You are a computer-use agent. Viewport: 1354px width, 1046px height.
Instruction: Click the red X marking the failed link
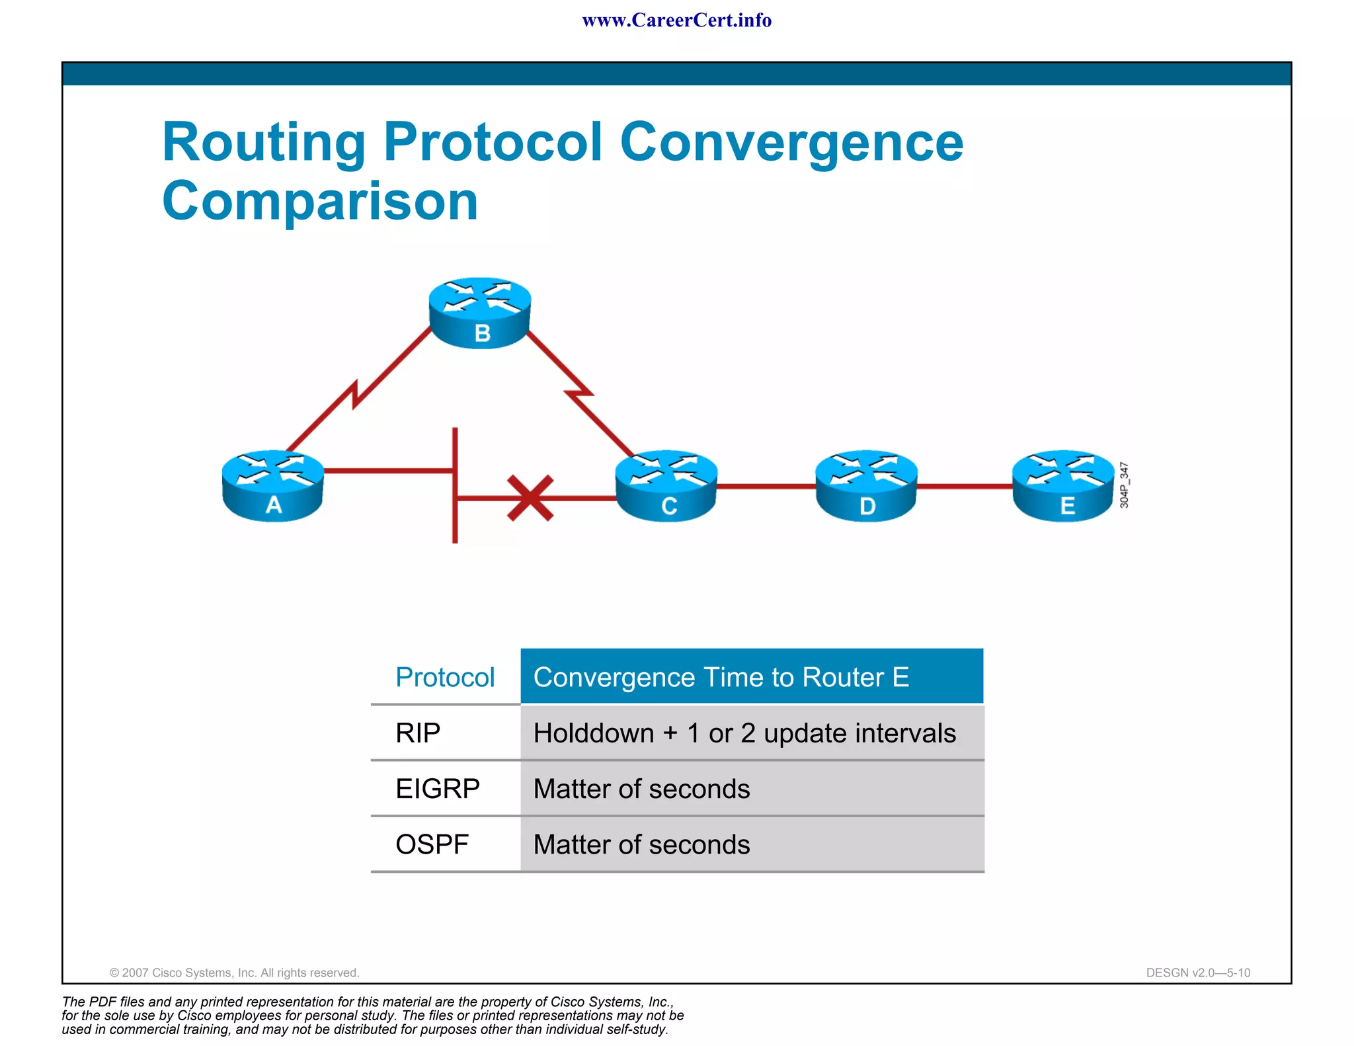pyautogui.click(x=530, y=498)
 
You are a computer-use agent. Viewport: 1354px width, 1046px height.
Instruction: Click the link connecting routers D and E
pyautogui.click(x=964, y=486)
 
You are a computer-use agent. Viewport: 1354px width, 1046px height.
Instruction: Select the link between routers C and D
pyautogui.click(x=766, y=486)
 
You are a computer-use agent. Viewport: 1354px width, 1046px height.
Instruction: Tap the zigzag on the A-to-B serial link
pyautogui.click(x=356, y=395)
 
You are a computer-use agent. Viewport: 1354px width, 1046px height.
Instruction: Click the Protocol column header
pyautogui.click(x=445, y=677)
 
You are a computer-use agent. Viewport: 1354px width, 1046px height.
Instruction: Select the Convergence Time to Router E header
pyautogui.click(x=721, y=677)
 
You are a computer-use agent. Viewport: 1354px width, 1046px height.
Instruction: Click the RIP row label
pyautogui.click(x=418, y=733)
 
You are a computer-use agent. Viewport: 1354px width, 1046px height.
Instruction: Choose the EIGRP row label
pyautogui.click(x=437, y=788)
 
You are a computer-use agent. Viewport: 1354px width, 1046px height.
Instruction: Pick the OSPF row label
pyautogui.click(x=432, y=844)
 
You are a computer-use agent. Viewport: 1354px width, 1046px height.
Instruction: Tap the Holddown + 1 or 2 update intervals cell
pyautogui.click(x=744, y=733)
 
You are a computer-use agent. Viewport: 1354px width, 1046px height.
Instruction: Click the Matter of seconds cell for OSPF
pyautogui.click(x=641, y=844)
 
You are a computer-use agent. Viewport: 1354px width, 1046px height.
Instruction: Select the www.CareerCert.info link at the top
pyautogui.click(x=676, y=20)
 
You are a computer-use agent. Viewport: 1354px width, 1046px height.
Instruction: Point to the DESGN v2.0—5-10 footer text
pyautogui.click(x=1198, y=973)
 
